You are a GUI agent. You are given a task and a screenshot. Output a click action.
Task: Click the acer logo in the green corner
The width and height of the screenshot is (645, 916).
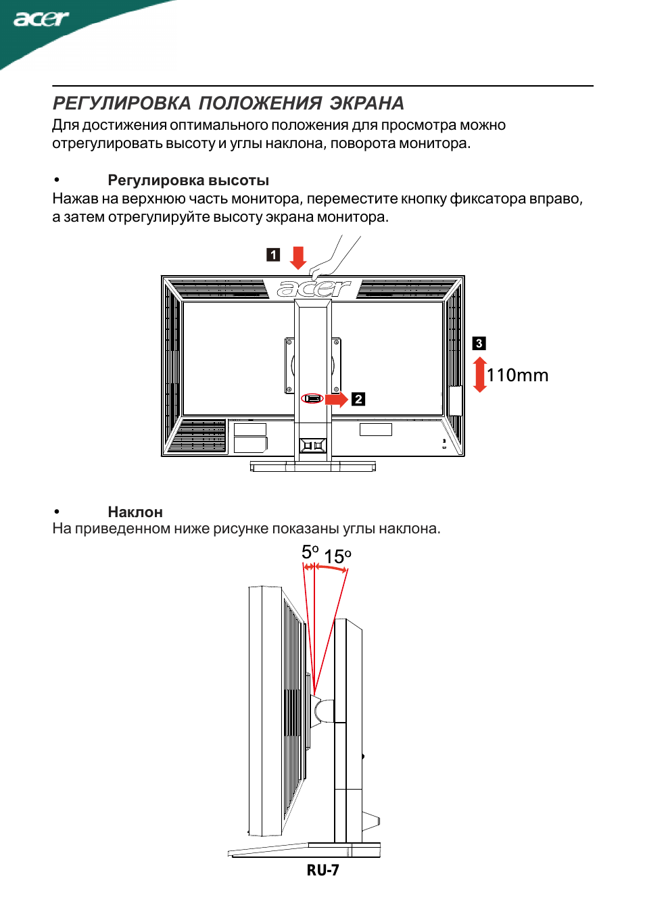point(41,19)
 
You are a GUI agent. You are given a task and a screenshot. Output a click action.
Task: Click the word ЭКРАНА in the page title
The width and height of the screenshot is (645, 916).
point(367,103)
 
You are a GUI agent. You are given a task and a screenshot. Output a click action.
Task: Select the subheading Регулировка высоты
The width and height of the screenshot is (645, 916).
point(188,180)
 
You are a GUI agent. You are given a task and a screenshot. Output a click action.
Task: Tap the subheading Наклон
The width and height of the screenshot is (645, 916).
point(135,512)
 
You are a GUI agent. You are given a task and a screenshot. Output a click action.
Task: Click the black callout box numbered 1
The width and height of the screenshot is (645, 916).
point(273,255)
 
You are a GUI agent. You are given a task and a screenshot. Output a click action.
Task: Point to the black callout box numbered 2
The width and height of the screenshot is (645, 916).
point(358,400)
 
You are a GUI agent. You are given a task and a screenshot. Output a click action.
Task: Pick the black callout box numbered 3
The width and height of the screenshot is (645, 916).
point(479,343)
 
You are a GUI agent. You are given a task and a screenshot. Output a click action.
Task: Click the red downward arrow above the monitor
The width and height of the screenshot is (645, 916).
point(298,258)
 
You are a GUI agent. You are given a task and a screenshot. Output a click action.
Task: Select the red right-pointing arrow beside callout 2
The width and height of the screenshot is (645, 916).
point(337,399)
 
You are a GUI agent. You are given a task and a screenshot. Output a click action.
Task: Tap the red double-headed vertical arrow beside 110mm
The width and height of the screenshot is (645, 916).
point(480,375)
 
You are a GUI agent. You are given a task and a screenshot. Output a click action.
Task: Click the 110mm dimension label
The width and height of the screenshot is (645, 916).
point(518,375)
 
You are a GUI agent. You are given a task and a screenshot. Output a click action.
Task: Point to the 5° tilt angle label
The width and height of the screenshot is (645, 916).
point(310,552)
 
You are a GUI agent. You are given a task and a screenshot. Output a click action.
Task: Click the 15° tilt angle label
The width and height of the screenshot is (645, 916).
point(337,556)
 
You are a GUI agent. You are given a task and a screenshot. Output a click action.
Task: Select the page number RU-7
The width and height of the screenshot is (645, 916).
point(322,870)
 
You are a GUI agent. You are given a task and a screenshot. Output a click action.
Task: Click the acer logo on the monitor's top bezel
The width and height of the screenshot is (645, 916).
point(314,289)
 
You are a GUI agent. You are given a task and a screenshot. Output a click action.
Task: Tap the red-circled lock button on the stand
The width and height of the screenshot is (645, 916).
point(312,398)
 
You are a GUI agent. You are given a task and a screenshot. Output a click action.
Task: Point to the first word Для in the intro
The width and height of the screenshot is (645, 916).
point(66,125)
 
